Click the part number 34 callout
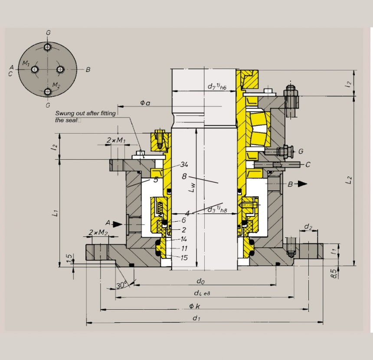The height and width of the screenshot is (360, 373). pos(184,164)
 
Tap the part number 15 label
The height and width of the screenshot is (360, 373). pos(184,258)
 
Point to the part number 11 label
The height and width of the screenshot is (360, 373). pos(184,249)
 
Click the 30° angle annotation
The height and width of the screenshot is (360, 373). pos(122,286)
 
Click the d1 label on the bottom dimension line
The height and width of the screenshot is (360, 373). pos(196,319)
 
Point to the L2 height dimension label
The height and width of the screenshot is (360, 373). pos(349,180)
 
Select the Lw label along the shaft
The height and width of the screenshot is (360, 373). pos(191,187)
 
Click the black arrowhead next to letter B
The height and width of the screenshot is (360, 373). pos(302,184)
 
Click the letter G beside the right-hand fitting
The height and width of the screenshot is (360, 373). pos(301,151)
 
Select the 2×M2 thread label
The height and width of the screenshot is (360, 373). pos(98,233)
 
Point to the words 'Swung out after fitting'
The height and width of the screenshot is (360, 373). pos(85,114)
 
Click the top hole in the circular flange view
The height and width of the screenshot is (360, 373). pos(48,47)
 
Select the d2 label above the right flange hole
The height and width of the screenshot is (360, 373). pos(308,227)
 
